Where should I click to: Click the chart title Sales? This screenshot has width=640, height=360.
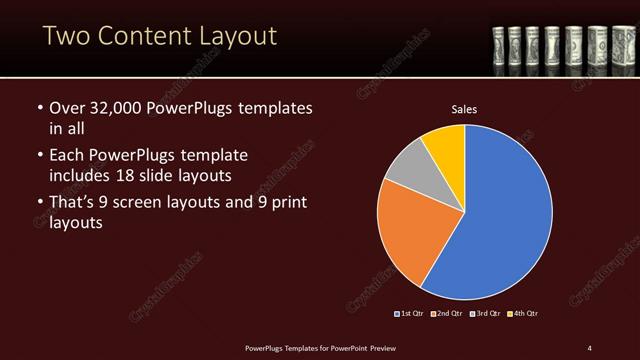[x=465, y=107]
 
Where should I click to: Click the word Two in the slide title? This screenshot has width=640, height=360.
[x=68, y=38]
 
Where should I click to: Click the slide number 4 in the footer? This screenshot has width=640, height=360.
[x=589, y=347]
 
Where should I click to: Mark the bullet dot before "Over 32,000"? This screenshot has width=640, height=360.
[x=39, y=108]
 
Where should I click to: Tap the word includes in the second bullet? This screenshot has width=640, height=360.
[x=82, y=175]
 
